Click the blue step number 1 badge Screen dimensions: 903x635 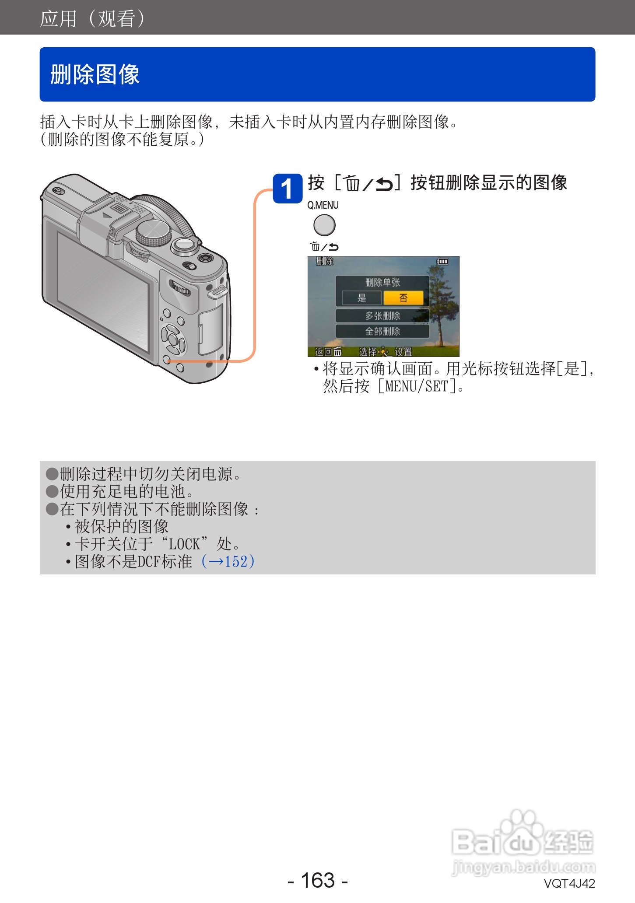pos(287,189)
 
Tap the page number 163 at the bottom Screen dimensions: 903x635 pos(318,880)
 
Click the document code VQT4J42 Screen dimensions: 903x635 pos(569,883)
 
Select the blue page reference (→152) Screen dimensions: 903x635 pos(228,561)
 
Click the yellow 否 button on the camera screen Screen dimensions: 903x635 pos(403,298)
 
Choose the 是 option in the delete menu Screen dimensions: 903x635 pos(361,298)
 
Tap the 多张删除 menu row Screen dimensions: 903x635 pos(382,315)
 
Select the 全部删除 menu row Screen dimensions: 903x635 pos(382,331)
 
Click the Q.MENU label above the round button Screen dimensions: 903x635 pos(323,205)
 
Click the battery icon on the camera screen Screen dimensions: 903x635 pos(442,262)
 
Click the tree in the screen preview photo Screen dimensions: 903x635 pos(439,302)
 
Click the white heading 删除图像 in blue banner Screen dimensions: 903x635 pos(95,74)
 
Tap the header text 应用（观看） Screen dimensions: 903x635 pos(92,18)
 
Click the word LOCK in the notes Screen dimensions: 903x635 pos(184,544)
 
